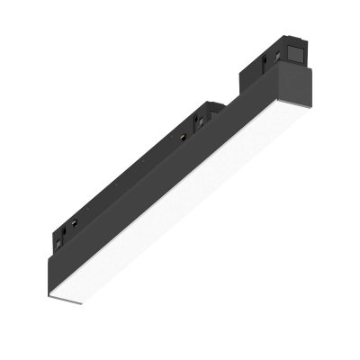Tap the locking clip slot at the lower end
click(64, 237)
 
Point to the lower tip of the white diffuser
click(56, 300)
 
